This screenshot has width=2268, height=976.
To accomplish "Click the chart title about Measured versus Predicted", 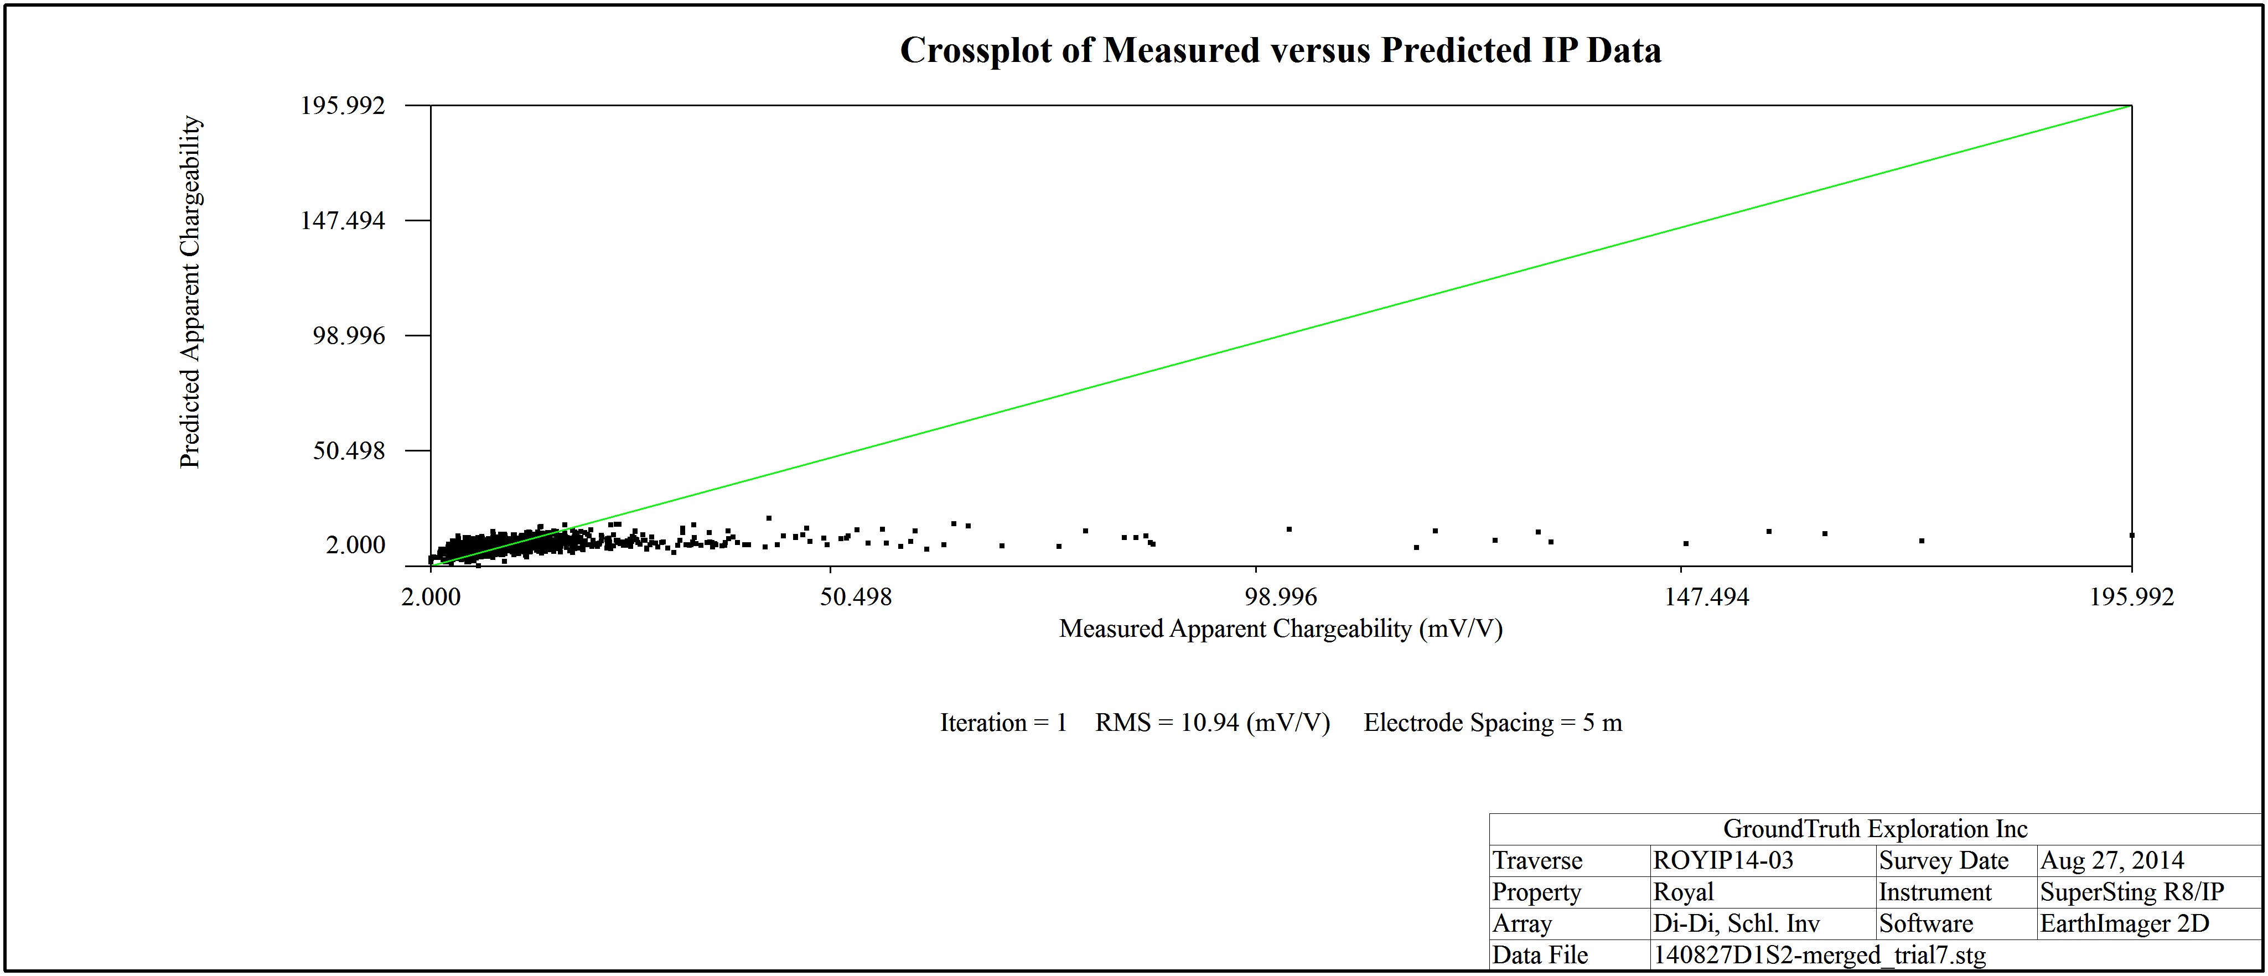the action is (x=1280, y=50).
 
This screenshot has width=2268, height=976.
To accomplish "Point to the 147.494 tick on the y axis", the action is (x=343, y=220).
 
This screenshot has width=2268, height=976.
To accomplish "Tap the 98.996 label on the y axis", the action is (x=349, y=335).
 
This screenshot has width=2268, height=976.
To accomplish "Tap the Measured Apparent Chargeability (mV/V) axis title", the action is (x=1280, y=629).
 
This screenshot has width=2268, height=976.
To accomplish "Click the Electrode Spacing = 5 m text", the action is (x=1492, y=723).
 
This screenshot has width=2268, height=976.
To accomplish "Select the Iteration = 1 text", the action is (x=1003, y=723).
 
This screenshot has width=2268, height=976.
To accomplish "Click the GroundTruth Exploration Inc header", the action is (x=1875, y=829).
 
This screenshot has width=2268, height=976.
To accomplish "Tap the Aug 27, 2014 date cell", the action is (x=2112, y=861).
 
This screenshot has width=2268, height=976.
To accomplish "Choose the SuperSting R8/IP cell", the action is (x=2131, y=892).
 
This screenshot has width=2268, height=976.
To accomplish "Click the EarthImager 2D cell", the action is (x=2125, y=924).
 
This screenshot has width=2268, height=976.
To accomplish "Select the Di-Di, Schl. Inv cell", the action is (x=1736, y=924).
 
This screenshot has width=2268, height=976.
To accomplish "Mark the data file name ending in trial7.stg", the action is (x=1819, y=956).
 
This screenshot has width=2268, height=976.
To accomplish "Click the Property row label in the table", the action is (x=1536, y=892).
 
